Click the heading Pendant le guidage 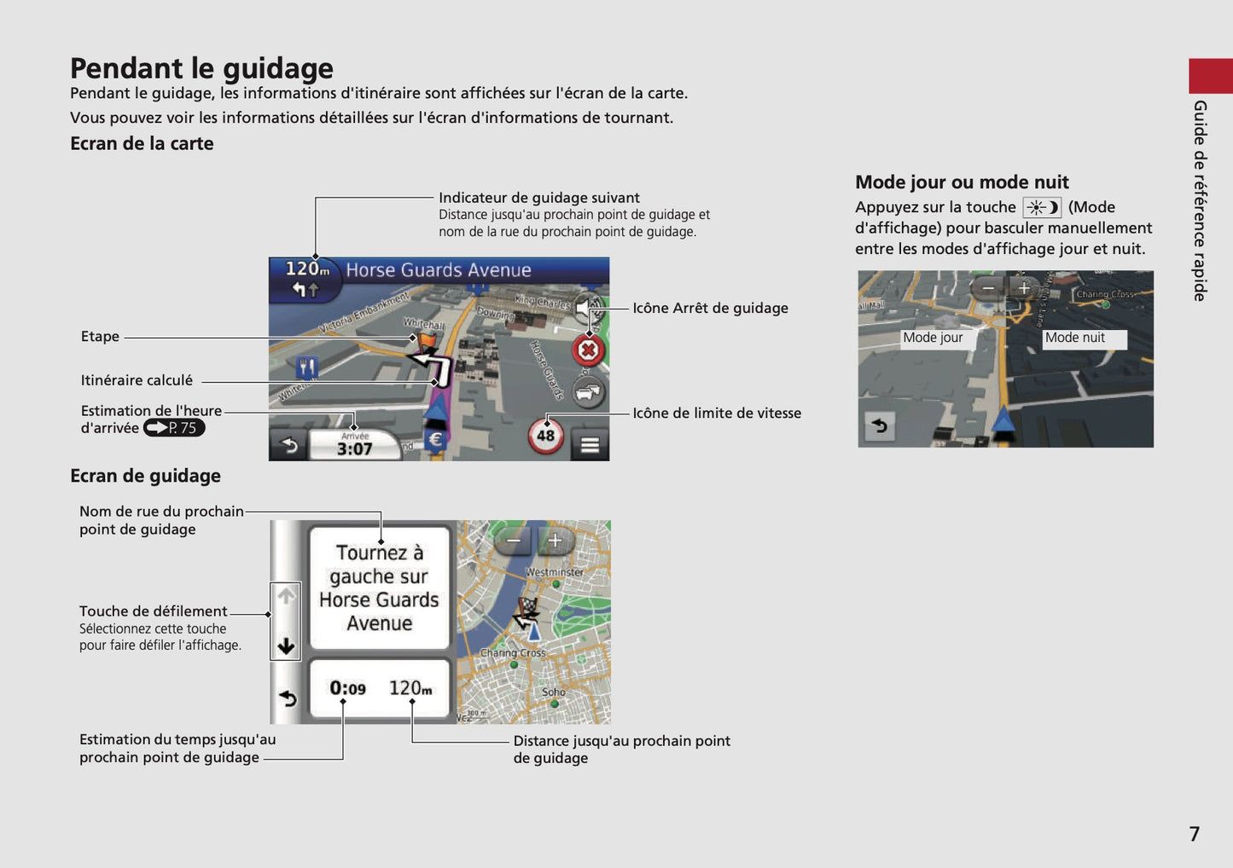point(201,68)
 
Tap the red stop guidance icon point(588,350)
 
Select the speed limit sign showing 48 point(545,436)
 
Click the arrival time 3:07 point(354,448)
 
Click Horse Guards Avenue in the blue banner point(438,270)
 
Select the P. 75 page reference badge point(174,428)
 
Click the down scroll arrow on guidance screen point(286,645)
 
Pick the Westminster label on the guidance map point(555,572)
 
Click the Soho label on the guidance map point(553,692)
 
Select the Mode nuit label point(1075,338)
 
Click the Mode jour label point(933,338)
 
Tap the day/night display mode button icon point(1041,207)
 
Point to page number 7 point(1195,834)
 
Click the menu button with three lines point(590,445)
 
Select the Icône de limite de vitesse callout point(717,413)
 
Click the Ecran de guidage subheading point(145,476)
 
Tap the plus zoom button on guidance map point(555,541)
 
